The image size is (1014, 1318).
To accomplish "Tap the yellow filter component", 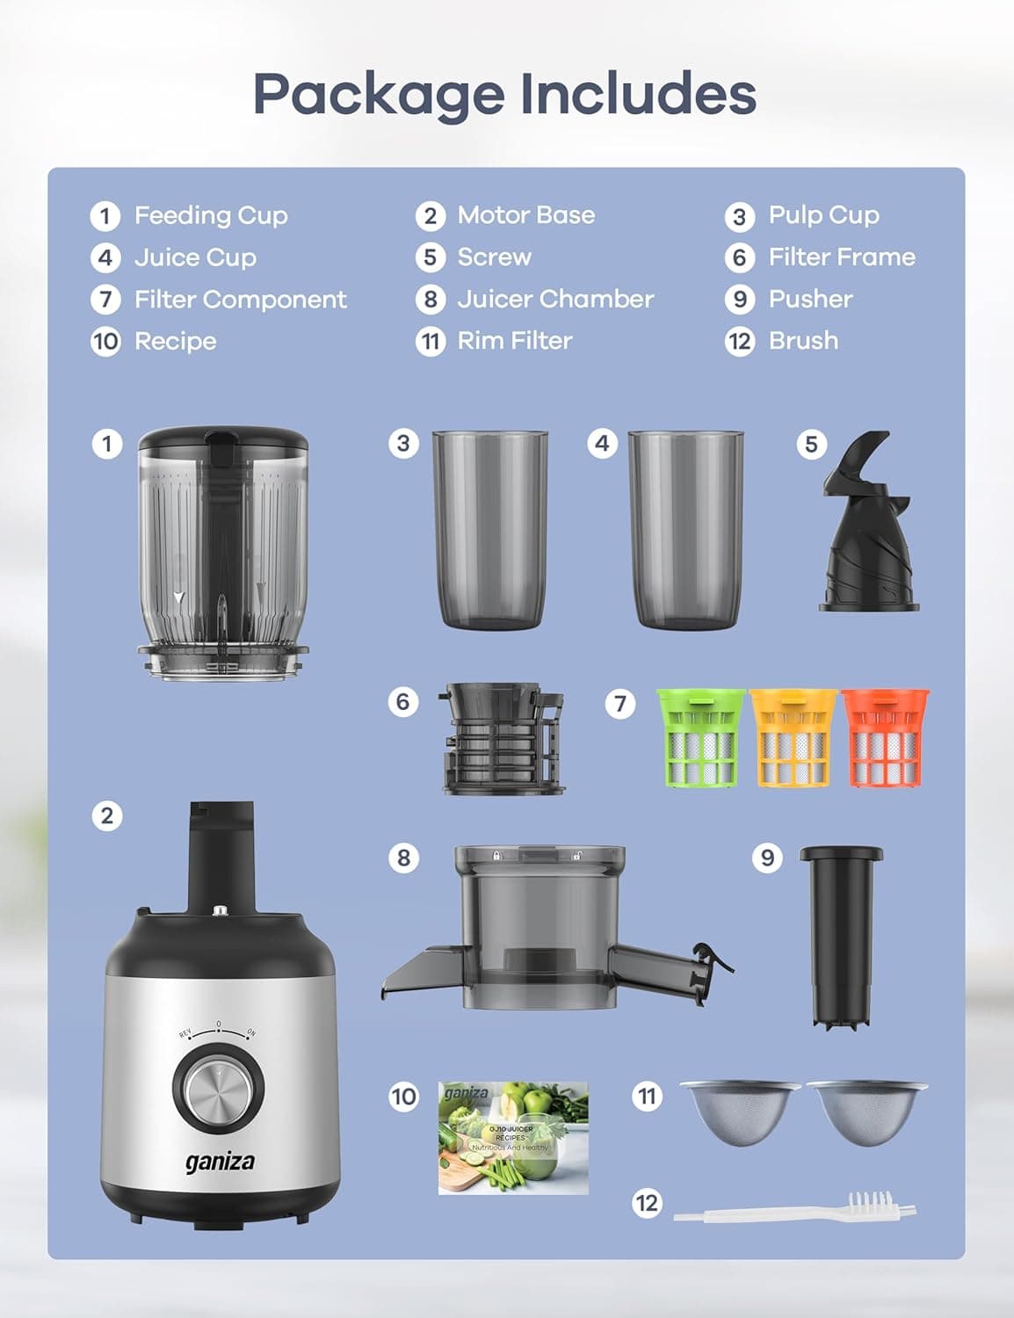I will point(793,738).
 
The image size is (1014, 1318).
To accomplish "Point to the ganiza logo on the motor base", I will point(220,1162).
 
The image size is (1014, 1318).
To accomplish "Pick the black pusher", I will point(841,936).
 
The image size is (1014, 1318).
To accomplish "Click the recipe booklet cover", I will point(513,1138).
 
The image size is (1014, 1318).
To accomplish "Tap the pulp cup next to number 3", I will point(490,529).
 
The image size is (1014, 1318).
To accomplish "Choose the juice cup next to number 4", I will point(686,529).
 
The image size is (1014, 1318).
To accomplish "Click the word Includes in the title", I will point(637,93).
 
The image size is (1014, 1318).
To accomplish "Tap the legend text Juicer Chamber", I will point(555,299).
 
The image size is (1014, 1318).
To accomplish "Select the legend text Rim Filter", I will point(515,341).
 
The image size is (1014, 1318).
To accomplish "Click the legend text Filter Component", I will point(240,300).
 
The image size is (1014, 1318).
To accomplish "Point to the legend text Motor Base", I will point(525,215).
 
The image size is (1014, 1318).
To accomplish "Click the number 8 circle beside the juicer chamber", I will point(403,857).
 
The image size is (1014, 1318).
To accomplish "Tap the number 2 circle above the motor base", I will point(106,815).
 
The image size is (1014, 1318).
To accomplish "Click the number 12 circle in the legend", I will point(740,341).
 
